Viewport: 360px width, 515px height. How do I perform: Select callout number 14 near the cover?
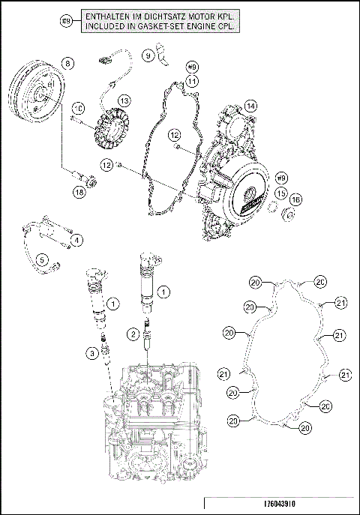coord(250,106)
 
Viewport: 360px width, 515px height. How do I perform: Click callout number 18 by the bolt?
coord(79,192)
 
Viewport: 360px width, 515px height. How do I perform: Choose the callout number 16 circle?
coord(295,199)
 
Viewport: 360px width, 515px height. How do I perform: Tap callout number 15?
coord(280,193)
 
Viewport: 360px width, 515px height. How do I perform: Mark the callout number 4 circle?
coord(77,240)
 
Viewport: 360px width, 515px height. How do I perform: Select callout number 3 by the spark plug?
coord(90,352)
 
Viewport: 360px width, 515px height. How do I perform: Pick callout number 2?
coord(132,333)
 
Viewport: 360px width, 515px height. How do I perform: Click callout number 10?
coord(77,109)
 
